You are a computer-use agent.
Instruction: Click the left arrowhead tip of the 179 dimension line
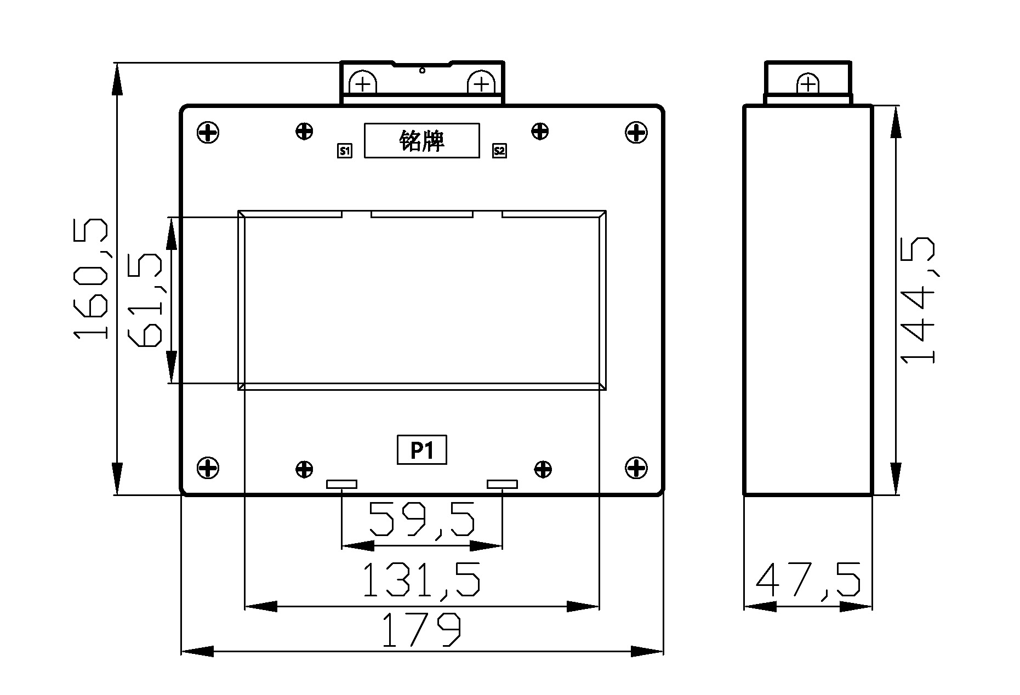[181, 652]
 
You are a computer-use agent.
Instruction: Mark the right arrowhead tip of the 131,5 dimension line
[599, 606]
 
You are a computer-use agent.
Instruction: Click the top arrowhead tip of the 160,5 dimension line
[117, 64]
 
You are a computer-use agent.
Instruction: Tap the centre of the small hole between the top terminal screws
[422, 70]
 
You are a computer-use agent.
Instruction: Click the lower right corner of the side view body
[871, 494]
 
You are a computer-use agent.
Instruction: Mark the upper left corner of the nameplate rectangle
[365, 124]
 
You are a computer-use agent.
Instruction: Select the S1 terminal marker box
[344, 151]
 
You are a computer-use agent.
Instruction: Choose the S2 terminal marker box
[499, 151]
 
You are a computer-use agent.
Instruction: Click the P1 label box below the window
[422, 450]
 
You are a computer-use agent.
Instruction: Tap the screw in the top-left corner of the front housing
[208, 132]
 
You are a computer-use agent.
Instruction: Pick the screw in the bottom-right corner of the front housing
[636, 468]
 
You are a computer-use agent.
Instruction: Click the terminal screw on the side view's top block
[807, 84]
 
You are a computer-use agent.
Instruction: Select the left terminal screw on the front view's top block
[362, 83]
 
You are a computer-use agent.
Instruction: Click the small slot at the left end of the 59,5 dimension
[342, 484]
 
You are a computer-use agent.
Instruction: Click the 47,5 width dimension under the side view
[808, 579]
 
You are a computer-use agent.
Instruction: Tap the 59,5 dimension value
[421, 519]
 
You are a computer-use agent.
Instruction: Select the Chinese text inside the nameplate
[421, 141]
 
